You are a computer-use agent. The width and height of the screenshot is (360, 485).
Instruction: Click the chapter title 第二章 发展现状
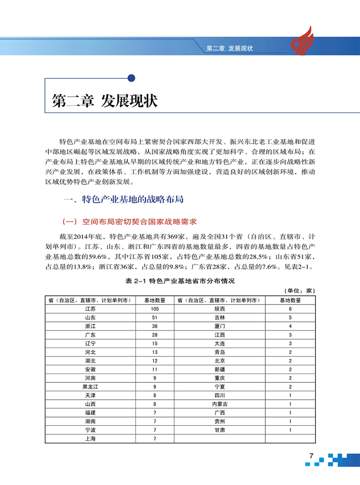[x=105, y=101]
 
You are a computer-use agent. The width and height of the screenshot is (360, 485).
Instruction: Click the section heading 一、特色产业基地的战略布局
[x=124, y=200]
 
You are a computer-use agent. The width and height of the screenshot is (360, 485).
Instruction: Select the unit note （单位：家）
[x=299, y=291]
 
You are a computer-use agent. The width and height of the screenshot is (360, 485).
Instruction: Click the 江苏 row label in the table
[x=90, y=309]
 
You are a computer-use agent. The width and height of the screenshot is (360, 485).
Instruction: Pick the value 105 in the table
[x=154, y=309]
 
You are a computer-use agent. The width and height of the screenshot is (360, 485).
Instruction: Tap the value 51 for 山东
[x=154, y=317]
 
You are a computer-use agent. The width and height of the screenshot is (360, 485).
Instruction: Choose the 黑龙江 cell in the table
[x=90, y=386]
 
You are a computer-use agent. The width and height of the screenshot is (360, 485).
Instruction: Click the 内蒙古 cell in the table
[x=219, y=404]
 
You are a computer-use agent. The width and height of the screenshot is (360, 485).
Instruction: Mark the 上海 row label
[x=90, y=438]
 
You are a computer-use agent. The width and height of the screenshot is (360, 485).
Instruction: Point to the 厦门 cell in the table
[x=219, y=326]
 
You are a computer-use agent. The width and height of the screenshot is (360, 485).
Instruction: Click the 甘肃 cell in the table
[x=219, y=430]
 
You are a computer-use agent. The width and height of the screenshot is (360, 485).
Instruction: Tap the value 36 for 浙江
[x=154, y=326]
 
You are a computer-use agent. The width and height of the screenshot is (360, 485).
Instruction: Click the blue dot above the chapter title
[x=131, y=77]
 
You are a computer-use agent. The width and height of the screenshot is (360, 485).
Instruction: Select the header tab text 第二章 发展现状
[x=229, y=49]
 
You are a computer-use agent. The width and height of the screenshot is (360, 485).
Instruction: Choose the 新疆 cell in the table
[x=219, y=369]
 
